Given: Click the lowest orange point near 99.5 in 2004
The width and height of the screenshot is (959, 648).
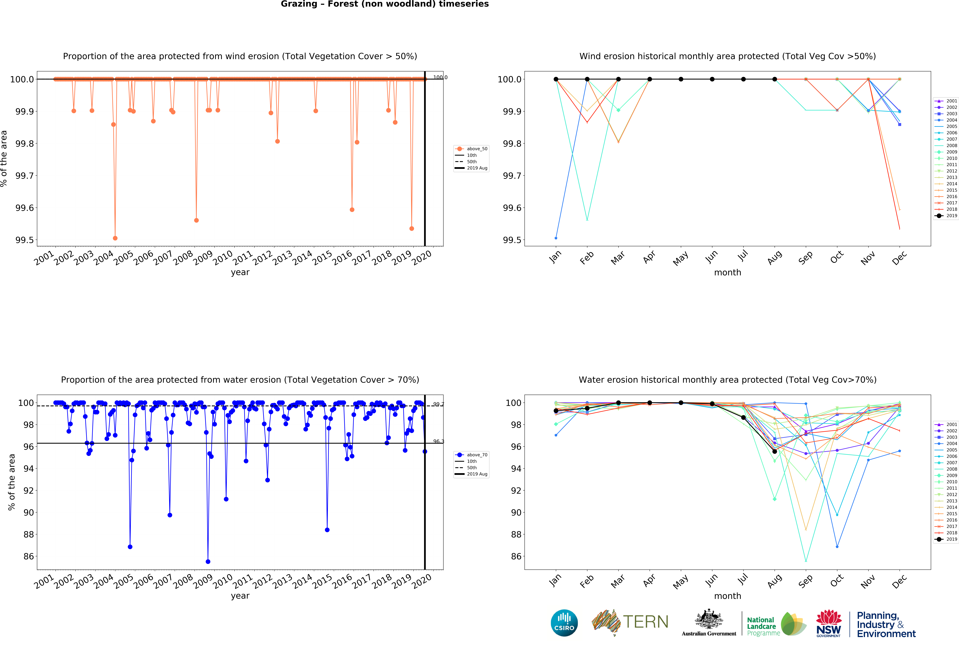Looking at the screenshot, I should pyautogui.click(x=115, y=238).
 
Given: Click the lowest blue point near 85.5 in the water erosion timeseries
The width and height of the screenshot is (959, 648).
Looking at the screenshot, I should pyautogui.click(x=208, y=561).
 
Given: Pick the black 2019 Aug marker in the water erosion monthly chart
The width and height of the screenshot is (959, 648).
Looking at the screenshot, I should pyautogui.click(x=775, y=451).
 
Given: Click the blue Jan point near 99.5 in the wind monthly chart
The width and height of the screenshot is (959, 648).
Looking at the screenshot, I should pyautogui.click(x=556, y=238).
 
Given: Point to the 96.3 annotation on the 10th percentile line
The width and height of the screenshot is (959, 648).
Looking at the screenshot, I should pyautogui.click(x=438, y=441).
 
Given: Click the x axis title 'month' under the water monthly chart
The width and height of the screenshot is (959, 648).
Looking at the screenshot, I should pyautogui.click(x=727, y=596).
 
